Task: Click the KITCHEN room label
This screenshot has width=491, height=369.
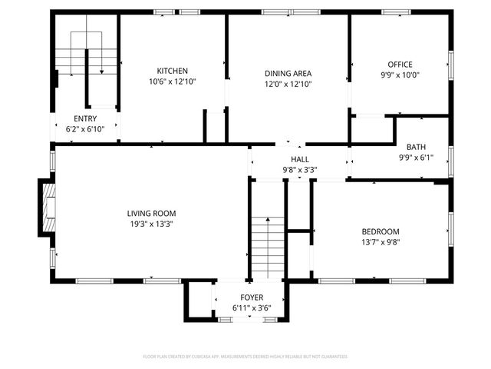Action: [x=173, y=71]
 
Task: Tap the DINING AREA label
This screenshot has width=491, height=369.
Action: [x=288, y=74]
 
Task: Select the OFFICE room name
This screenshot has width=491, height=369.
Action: [x=400, y=65]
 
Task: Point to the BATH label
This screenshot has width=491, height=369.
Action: [x=416, y=147]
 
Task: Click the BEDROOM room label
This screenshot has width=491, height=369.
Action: [x=381, y=231]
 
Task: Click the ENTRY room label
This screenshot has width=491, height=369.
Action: [x=85, y=118]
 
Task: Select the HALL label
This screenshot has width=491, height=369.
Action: [x=300, y=159]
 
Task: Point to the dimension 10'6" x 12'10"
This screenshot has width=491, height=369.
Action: [x=173, y=81]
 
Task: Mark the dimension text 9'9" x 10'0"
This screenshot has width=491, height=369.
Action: [x=400, y=75]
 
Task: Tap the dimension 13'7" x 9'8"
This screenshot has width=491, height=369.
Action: [x=381, y=242]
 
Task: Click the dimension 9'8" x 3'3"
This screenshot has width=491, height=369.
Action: [x=300, y=170]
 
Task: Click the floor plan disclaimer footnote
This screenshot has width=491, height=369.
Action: [x=245, y=357]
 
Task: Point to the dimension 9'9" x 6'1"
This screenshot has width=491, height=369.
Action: [x=416, y=158]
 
